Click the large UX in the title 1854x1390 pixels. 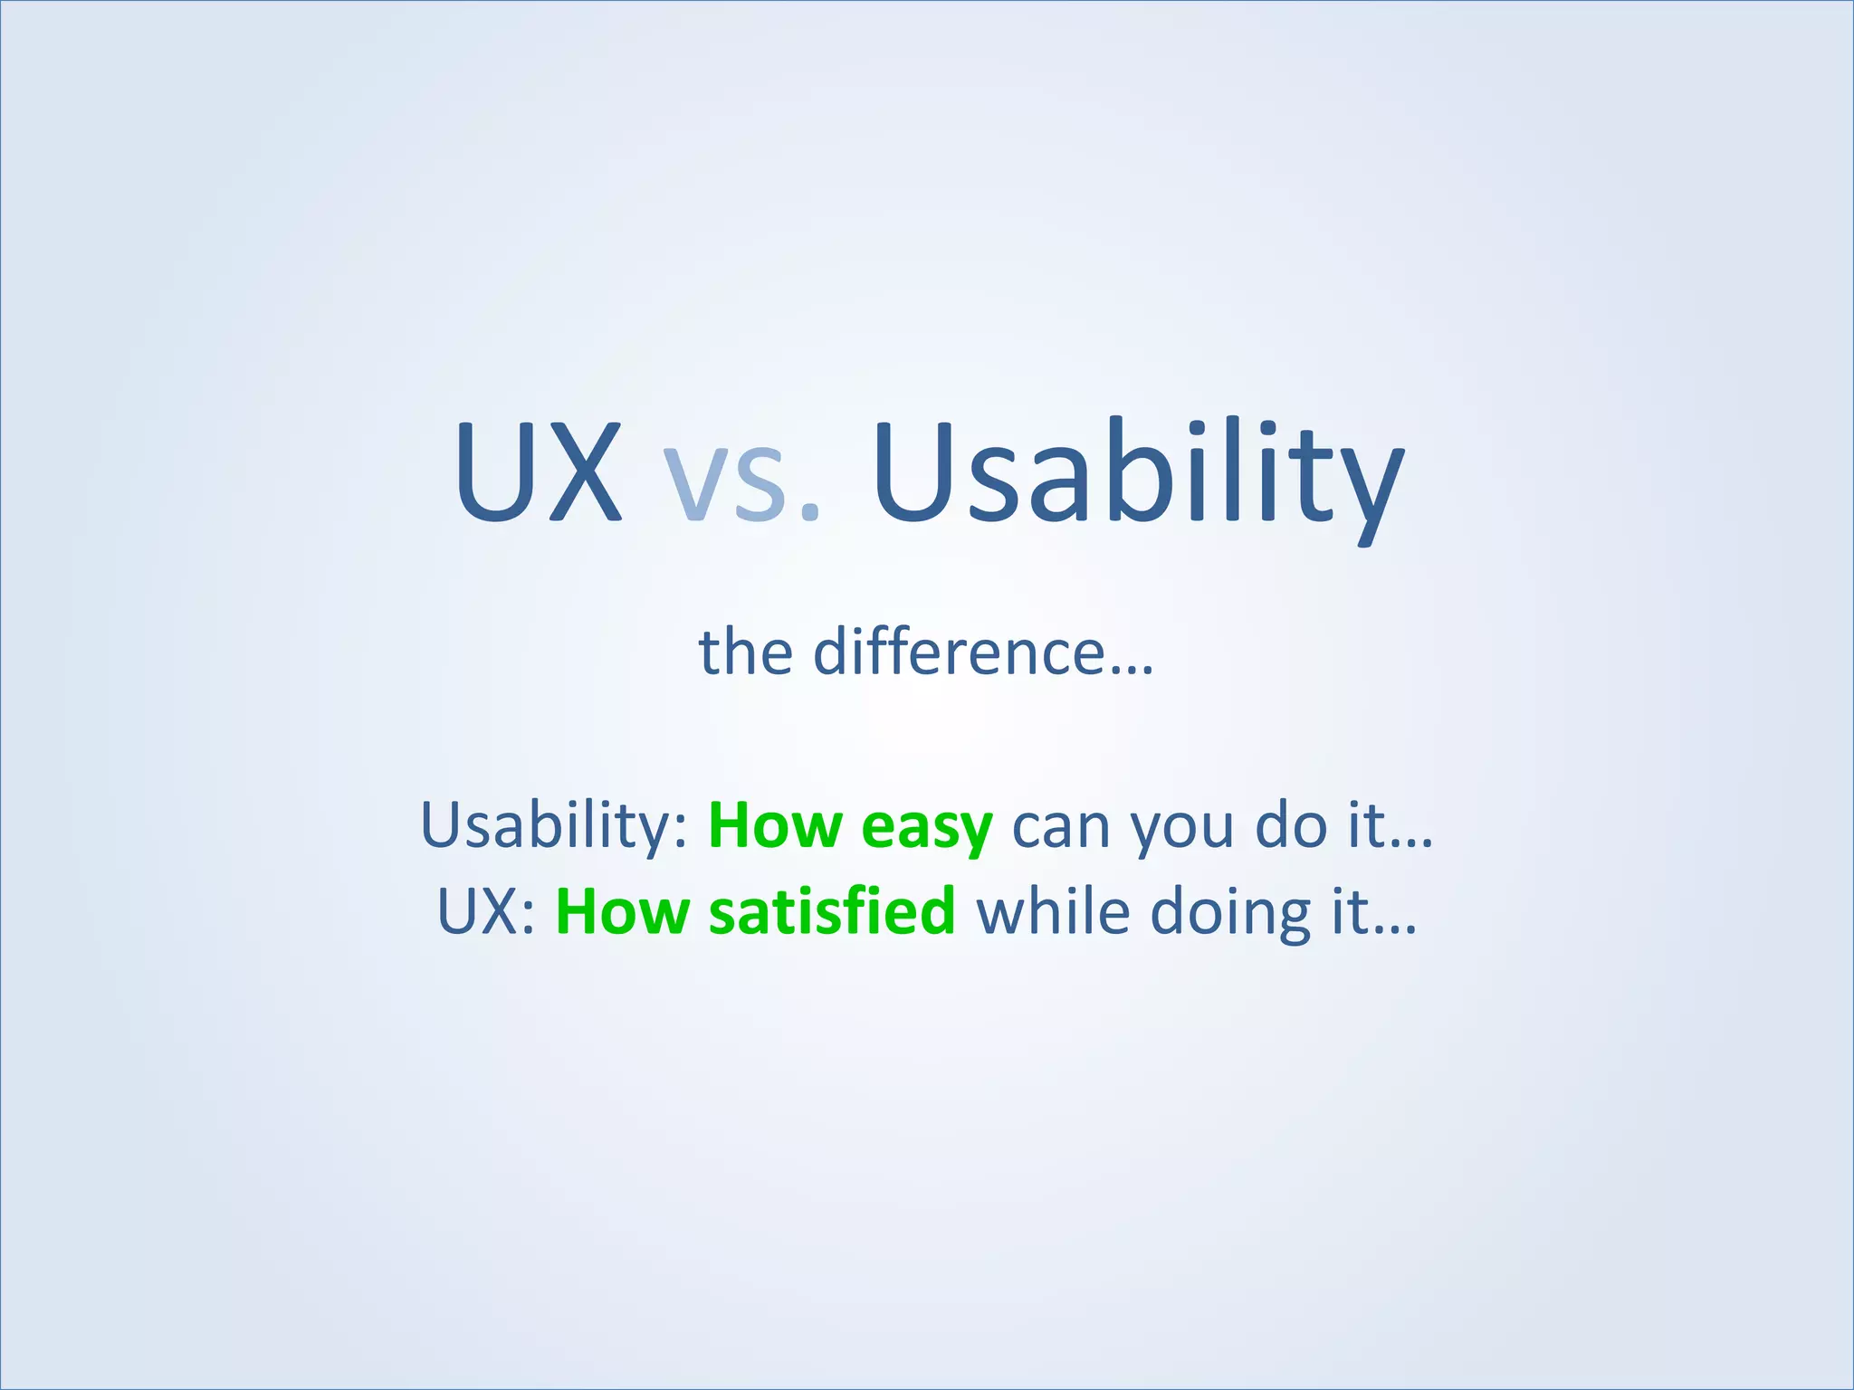(x=539, y=472)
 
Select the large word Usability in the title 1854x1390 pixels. (x=1137, y=475)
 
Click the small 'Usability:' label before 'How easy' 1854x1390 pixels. (x=554, y=827)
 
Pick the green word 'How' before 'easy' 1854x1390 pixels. (x=775, y=825)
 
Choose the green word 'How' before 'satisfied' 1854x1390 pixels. (x=623, y=911)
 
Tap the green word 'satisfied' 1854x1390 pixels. (x=832, y=911)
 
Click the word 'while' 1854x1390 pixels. (x=1053, y=911)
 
